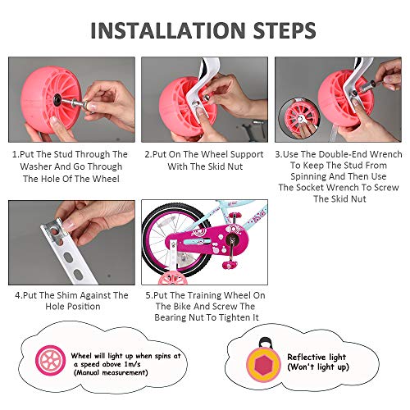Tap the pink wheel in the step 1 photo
[x=40, y=98]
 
